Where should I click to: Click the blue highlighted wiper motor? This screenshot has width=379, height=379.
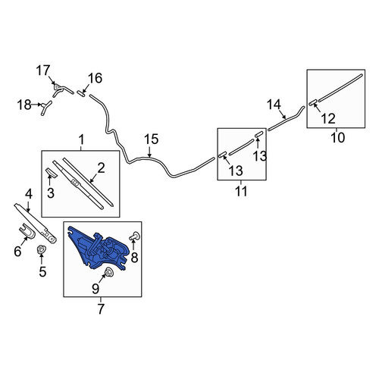[x=99, y=249]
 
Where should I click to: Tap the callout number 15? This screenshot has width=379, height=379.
[x=151, y=139]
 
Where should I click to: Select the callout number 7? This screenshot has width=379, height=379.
[x=101, y=309]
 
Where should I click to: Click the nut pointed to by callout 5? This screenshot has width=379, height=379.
[x=40, y=249]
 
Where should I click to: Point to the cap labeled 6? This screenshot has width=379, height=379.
[x=27, y=231]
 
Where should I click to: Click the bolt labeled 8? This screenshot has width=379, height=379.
[x=135, y=236]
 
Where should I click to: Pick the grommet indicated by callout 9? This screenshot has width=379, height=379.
[x=108, y=271]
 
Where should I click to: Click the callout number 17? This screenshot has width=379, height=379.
[x=43, y=70]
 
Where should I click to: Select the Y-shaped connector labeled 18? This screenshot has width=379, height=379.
[x=46, y=108]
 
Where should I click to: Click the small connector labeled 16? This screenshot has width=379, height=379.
[x=81, y=93]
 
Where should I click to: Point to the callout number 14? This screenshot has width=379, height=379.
[x=274, y=105]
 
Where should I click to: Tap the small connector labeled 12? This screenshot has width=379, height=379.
[x=313, y=102]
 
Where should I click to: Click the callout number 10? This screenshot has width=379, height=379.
[x=337, y=138]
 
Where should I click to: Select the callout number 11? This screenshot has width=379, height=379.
[x=241, y=191]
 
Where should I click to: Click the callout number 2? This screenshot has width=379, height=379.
[x=101, y=168]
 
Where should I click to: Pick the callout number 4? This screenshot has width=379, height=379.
[x=29, y=194]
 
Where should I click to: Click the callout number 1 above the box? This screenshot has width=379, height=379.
[x=81, y=139]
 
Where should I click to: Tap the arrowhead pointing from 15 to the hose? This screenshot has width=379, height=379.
[x=149, y=155]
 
